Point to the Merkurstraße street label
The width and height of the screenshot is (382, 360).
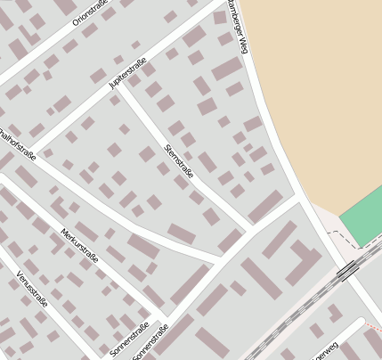(79, 244)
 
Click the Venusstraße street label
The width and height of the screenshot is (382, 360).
(32, 291)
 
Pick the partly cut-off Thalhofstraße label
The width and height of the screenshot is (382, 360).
(18, 146)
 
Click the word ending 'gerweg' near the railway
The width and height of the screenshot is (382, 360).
(325, 351)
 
